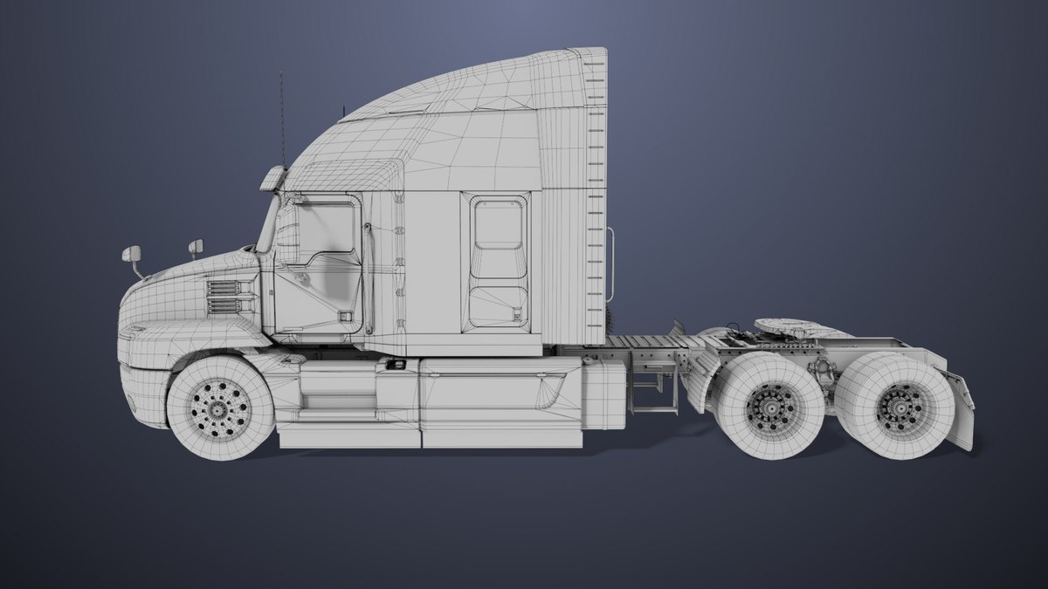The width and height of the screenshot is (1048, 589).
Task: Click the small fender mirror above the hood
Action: (x=196, y=248)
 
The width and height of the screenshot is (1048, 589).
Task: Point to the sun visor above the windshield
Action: (x=272, y=180)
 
